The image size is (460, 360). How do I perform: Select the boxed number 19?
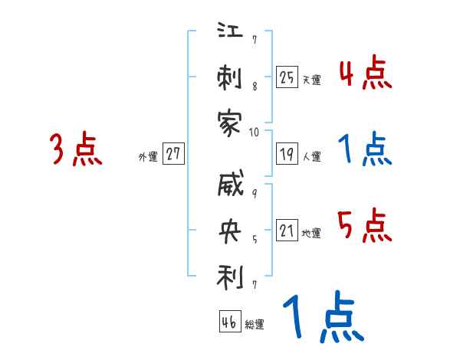point(287,153)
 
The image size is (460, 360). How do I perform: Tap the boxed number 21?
point(287,230)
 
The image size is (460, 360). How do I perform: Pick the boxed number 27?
point(174,153)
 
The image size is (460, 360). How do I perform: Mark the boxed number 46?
point(228,322)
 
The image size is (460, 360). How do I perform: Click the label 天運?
point(311,80)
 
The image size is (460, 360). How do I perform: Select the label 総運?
point(255,325)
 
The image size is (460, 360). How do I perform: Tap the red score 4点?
point(365,74)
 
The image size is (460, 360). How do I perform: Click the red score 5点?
point(365,227)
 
